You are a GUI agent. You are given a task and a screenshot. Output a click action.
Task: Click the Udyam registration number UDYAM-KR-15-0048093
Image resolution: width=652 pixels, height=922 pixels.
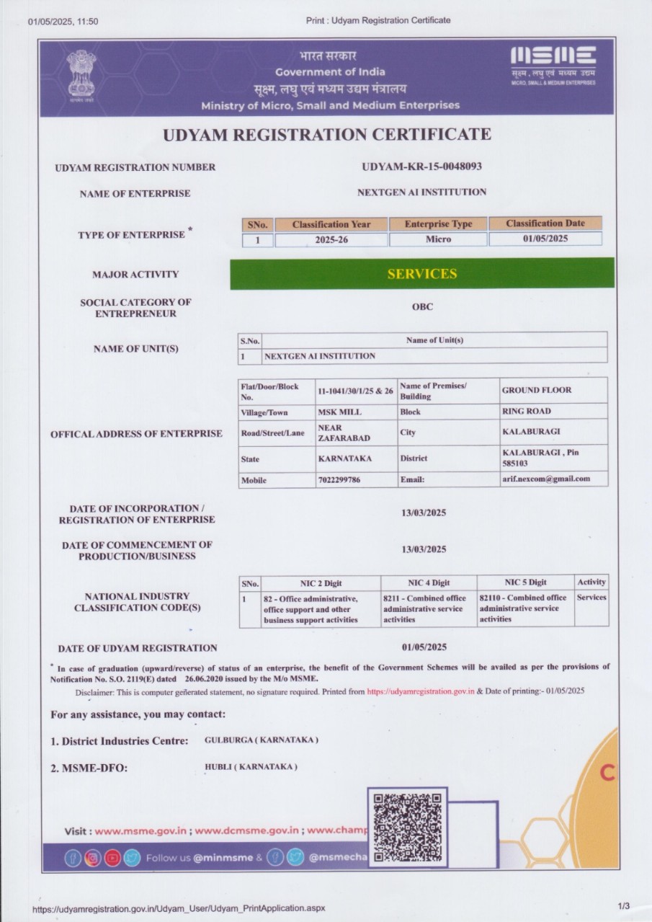[x=421, y=167]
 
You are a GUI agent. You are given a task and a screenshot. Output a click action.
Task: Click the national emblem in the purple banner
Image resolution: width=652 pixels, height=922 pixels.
[x=81, y=74]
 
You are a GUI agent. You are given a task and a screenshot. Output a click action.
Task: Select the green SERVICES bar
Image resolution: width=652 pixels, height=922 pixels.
[x=422, y=274]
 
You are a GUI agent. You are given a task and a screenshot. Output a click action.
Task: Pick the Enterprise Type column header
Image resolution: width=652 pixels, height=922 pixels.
[x=438, y=224]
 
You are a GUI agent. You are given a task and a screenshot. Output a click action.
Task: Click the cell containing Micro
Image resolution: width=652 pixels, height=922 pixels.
[x=438, y=239]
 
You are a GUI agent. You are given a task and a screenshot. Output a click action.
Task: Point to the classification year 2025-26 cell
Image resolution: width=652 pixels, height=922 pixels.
[x=331, y=239]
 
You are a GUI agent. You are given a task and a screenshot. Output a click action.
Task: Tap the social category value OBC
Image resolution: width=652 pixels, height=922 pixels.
[x=422, y=306]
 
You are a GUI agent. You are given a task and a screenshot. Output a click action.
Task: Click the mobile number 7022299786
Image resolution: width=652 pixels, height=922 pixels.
[x=339, y=479]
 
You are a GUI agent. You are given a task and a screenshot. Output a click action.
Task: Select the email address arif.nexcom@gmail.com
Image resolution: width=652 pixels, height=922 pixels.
[x=545, y=479]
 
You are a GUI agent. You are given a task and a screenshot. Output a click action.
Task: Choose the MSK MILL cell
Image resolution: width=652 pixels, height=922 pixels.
[x=339, y=412]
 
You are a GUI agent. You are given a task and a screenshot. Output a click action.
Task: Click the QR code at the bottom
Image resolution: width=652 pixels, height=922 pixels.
[x=407, y=828]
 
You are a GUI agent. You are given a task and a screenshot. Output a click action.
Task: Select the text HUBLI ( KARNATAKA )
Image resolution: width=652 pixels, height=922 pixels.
[x=251, y=766]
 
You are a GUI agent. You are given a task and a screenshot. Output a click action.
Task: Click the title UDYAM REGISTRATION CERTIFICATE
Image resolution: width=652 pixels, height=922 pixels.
[x=327, y=135]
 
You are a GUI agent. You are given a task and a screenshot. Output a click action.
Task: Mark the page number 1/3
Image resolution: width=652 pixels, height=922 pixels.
[x=623, y=905]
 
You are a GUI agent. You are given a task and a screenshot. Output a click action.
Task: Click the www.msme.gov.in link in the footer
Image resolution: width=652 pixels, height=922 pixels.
[x=141, y=830]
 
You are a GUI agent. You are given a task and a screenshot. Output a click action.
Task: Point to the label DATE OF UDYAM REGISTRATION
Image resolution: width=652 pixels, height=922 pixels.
[x=138, y=648]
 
